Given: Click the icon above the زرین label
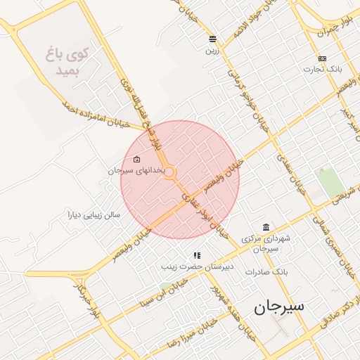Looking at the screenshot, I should (x=212, y=39).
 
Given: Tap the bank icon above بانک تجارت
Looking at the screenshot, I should (x=322, y=58).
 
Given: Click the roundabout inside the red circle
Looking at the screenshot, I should (x=169, y=172).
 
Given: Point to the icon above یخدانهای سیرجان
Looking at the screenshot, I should (x=136, y=160).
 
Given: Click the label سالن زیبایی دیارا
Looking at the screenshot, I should (x=95, y=214).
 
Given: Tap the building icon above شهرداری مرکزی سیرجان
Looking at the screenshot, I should (x=264, y=226).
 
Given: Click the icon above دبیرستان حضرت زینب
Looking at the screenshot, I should (x=198, y=255).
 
